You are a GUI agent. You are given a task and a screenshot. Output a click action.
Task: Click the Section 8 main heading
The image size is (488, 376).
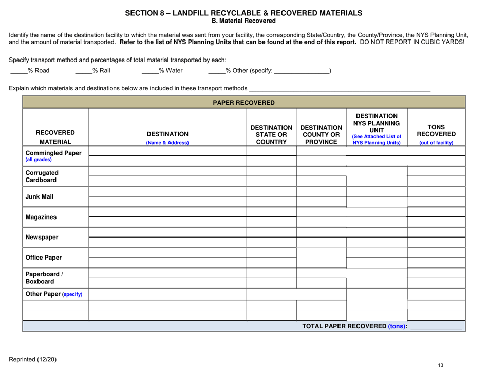[x=244, y=13]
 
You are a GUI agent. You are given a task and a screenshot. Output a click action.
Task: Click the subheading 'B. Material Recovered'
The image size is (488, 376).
[x=244, y=21]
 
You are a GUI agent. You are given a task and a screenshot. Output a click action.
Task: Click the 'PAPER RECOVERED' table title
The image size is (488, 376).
[x=244, y=102]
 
